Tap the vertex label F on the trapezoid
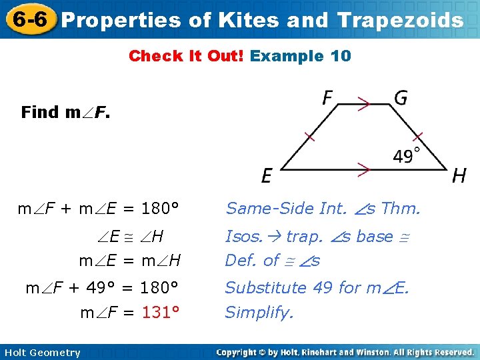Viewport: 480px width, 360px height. (x=328, y=99)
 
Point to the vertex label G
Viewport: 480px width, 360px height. (x=401, y=99)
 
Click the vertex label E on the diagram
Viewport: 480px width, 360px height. (x=267, y=175)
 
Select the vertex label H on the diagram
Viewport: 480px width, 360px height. (x=459, y=176)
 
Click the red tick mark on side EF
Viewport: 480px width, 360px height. (x=308, y=137)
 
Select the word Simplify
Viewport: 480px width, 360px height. (x=259, y=312)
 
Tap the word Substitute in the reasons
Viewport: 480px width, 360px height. (x=263, y=287)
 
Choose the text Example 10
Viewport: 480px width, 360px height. (x=300, y=56)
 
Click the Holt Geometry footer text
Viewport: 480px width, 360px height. (x=41, y=353)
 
